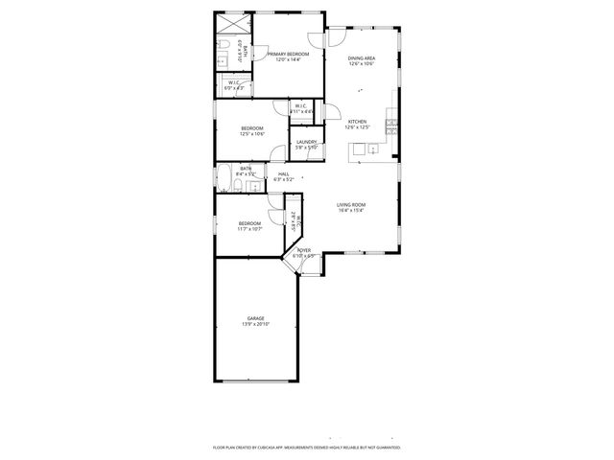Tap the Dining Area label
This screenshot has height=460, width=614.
(x=362, y=58)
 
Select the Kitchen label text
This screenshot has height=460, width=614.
(x=357, y=122)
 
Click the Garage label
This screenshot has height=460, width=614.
(x=255, y=318)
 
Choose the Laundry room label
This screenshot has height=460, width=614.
(x=306, y=142)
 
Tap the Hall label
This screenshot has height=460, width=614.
(x=284, y=173)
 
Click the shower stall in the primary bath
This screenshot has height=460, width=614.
(x=228, y=23)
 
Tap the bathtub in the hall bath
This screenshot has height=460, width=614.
(x=224, y=179)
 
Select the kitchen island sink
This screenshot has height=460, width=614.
(x=357, y=149)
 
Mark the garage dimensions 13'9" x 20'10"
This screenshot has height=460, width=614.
(x=255, y=324)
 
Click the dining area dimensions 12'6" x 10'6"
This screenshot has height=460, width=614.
(x=362, y=64)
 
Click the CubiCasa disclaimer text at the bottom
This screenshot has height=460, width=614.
(x=306, y=447)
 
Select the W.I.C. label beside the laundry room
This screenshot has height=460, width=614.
(x=300, y=105)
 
